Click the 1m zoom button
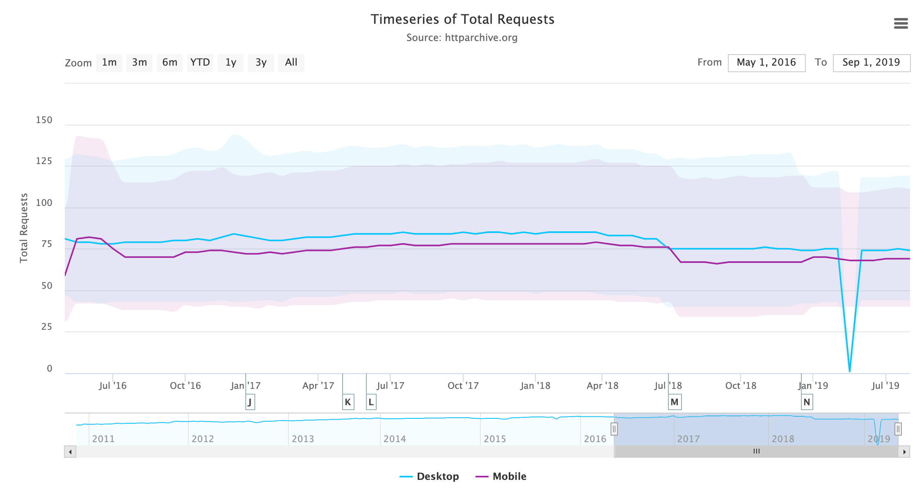[x=109, y=63]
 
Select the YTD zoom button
[x=200, y=63]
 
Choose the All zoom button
[x=291, y=63]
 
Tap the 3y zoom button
[x=261, y=63]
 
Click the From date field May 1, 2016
[x=766, y=63]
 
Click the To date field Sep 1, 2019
[x=871, y=63]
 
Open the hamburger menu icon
[x=901, y=23]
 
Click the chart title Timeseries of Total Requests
[x=462, y=19]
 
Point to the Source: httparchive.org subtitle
[x=462, y=38]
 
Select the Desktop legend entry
[x=430, y=476]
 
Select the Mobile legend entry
[x=501, y=476]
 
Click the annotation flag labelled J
[x=250, y=402]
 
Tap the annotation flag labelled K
[x=348, y=402]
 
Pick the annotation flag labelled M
[x=675, y=402]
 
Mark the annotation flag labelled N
[x=807, y=402]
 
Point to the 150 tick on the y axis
[x=44, y=120]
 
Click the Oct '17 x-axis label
[x=463, y=386]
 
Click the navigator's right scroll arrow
[x=904, y=452]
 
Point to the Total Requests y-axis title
[x=24, y=228]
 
